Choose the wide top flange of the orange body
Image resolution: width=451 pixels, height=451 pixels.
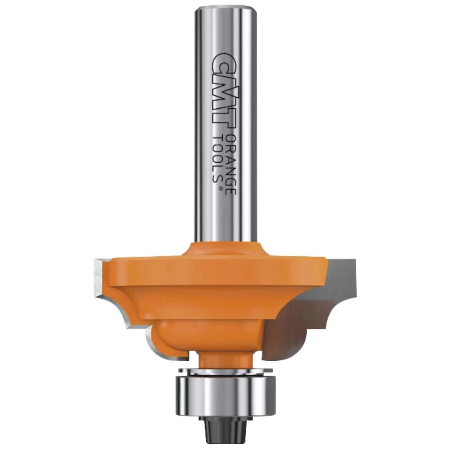pyautogui.click(x=212, y=271)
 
